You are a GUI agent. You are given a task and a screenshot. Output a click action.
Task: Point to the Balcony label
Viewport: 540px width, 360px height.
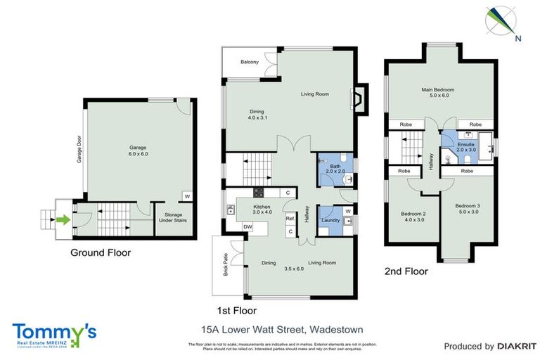pyautogui.click(x=249, y=63)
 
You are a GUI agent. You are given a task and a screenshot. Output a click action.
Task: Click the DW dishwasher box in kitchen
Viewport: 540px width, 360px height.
pyautogui.click(x=247, y=226)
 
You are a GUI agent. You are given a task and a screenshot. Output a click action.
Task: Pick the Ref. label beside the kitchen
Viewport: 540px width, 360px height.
pyautogui.click(x=289, y=218)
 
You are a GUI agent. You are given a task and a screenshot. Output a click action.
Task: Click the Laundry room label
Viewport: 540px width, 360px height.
pyautogui.click(x=330, y=221)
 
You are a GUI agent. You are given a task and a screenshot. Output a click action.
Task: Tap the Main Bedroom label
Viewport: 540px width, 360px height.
pyautogui.click(x=437, y=94)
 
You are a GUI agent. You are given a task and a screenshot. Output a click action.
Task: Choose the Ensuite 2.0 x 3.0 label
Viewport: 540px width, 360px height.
pyautogui.click(x=466, y=146)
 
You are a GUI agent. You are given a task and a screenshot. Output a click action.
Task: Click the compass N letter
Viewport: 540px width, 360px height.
pyautogui.click(x=517, y=39)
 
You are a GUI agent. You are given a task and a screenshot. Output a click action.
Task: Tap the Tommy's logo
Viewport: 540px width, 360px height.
pyautogui.click(x=53, y=333)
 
